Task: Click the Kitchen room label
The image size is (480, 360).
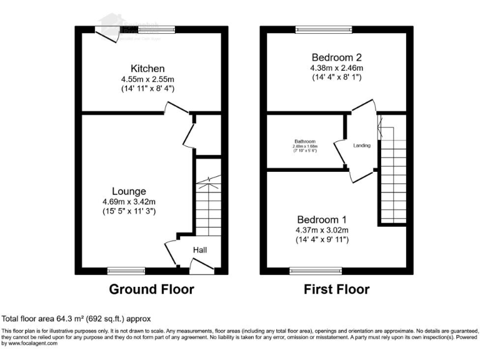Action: click(147, 68)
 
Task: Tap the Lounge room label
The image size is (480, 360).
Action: click(129, 191)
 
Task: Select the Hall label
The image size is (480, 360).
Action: click(199, 250)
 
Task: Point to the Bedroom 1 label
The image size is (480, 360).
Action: click(322, 220)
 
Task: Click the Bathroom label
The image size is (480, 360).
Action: click(306, 141)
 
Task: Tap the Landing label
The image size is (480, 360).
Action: click(362, 146)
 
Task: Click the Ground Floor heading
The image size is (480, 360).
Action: click(151, 289)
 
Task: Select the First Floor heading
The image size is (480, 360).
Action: click(336, 289)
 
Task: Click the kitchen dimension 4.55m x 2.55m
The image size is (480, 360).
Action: click(147, 79)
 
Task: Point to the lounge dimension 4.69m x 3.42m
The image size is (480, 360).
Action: click(129, 202)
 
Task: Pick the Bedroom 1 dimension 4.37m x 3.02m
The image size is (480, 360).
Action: click(322, 231)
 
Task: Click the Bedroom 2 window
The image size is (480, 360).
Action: click(323, 29)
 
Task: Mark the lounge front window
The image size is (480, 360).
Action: click(126, 271)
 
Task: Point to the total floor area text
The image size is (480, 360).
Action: click(76, 319)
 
